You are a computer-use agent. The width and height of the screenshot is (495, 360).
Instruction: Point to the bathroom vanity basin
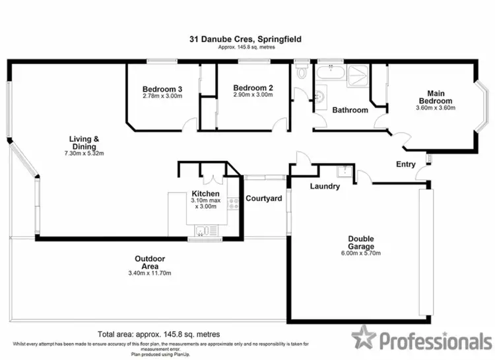click(320, 96)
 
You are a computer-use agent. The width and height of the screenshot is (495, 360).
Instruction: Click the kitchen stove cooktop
click(233, 204)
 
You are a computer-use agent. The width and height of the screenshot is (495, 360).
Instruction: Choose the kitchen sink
click(203, 229)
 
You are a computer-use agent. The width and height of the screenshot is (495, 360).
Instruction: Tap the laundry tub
click(343, 173)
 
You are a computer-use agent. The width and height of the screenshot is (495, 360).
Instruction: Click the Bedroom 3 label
click(162, 89)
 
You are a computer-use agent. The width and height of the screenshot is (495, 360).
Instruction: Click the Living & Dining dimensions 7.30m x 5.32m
click(83, 154)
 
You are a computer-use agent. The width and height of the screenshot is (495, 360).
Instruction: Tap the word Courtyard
click(263, 198)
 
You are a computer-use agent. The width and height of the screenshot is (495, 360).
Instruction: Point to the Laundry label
click(325, 187)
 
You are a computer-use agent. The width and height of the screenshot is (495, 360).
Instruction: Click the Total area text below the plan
click(158, 334)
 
